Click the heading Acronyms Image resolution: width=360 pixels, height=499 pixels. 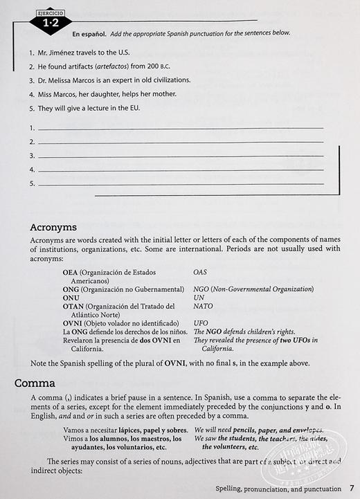(53, 228)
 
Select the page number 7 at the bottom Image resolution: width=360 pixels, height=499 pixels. (352, 488)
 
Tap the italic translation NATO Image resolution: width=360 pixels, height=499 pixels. (204, 305)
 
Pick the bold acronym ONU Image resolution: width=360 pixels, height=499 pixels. (71, 297)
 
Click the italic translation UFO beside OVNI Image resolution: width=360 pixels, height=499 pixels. (201, 323)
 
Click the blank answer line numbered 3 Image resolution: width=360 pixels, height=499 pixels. (180, 156)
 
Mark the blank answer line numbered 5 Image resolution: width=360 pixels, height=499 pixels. (180, 183)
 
